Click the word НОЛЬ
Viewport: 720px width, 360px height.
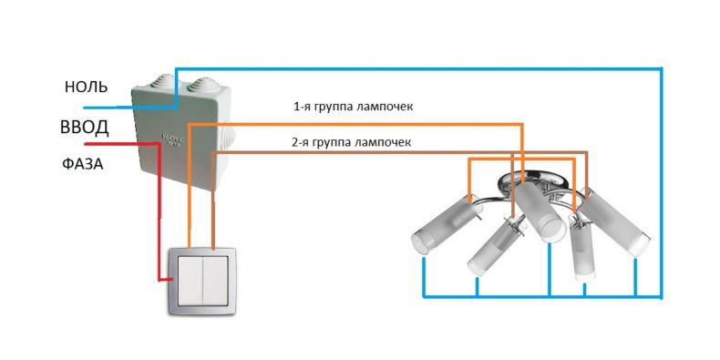tap(87, 87)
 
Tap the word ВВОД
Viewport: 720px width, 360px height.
tap(85, 128)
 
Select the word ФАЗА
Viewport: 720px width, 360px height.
tap(83, 164)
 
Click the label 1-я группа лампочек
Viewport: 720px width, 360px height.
tap(354, 107)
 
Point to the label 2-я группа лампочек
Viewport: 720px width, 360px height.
tap(351, 142)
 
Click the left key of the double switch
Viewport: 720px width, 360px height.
tap(190, 281)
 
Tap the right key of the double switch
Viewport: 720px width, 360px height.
tap(215, 281)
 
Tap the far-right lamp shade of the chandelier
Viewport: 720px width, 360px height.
tap(614, 221)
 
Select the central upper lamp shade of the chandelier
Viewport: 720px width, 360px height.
tap(540, 211)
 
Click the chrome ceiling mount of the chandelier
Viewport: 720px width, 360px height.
tap(532, 180)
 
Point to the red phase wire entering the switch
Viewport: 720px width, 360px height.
tap(159, 211)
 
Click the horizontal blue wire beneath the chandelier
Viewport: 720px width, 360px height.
tap(542, 296)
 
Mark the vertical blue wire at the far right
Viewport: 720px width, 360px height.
tap(661, 183)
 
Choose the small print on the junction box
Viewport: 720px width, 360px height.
tap(173, 140)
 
